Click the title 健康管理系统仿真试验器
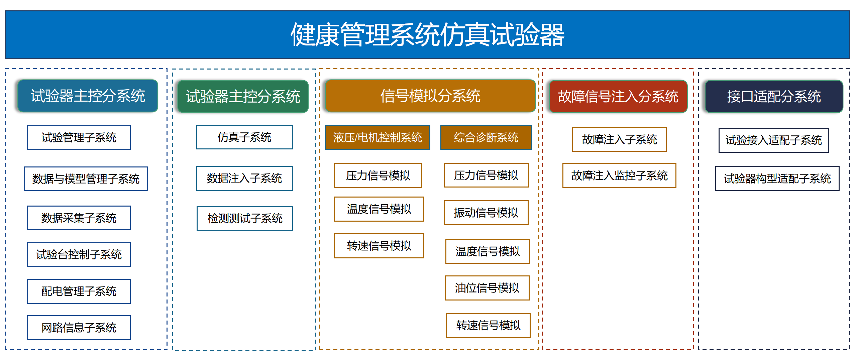point(427,35)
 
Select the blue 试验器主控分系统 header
point(88,96)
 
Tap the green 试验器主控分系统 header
point(243,97)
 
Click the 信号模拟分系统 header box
point(430,96)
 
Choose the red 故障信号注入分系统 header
point(618,97)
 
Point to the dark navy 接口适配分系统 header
point(774,97)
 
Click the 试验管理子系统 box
point(79,138)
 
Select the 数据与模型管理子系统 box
point(86,179)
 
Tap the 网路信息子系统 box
point(79,328)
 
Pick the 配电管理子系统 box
point(79,291)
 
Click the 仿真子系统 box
point(244,137)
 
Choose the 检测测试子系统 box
point(245,218)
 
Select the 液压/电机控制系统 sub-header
point(378,137)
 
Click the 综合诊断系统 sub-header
point(486,137)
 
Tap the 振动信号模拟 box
point(486,213)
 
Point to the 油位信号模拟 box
point(487,288)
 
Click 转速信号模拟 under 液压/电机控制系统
point(379,246)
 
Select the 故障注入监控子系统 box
point(619,175)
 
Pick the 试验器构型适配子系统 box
point(777,178)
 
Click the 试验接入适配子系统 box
point(773,140)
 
